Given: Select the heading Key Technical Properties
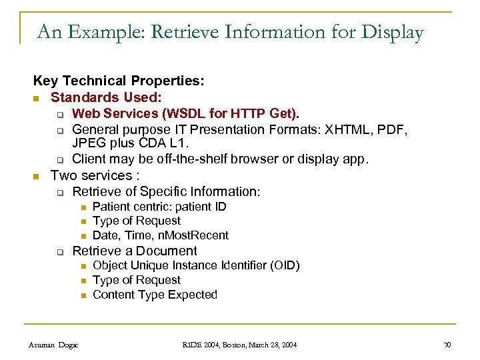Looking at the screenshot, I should click(x=119, y=81).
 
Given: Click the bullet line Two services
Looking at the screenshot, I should click(x=95, y=175).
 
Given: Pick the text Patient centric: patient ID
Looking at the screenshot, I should click(x=159, y=207).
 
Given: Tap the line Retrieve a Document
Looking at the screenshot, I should click(x=135, y=251).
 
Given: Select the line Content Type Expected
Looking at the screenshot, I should click(x=155, y=295).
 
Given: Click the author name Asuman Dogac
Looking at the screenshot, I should click(x=53, y=345).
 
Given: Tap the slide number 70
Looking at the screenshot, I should click(x=447, y=345).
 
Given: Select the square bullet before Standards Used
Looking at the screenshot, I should click(x=37, y=97).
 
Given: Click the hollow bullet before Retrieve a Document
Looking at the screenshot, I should click(x=59, y=252).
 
